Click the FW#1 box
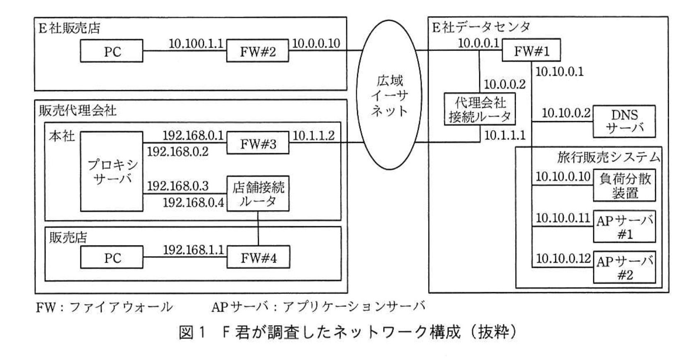[531, 51]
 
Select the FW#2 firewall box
[257, 52]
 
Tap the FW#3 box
[258, 144]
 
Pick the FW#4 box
[258, 258]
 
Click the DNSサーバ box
[624, 122]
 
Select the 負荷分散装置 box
[624, 185]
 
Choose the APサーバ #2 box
[624, 267]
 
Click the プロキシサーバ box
[112, 171]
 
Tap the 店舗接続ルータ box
[258, 194]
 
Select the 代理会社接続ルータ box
[480, 109]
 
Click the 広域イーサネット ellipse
[389, 95]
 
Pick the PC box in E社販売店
[112, 51]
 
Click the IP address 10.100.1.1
[196, 43]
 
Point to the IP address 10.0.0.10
[316, 43]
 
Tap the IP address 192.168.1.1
[193, 250]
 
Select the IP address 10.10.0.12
[563, 258]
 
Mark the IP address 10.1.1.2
[314, 135]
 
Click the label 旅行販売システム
[608, 157]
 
